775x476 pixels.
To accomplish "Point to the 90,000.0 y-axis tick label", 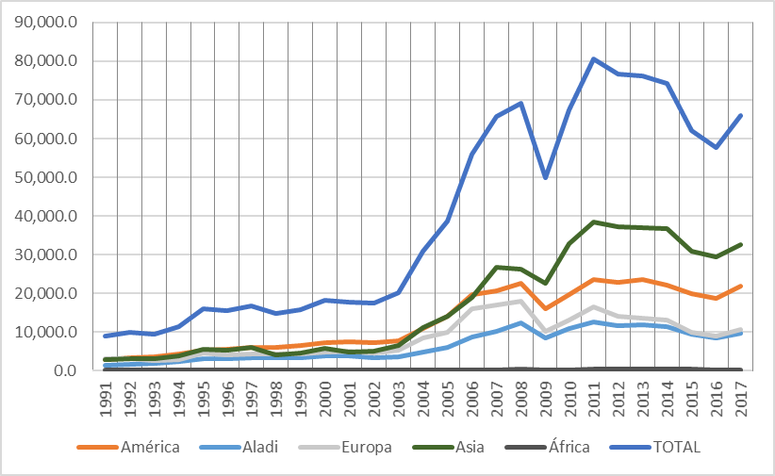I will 46,23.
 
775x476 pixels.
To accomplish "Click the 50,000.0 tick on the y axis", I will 46,177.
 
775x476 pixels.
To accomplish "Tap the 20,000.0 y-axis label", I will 46,293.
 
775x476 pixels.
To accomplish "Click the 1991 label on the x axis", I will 111,400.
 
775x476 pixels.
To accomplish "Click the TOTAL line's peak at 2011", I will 595,59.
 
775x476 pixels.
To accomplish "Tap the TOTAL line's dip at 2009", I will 546,177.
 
